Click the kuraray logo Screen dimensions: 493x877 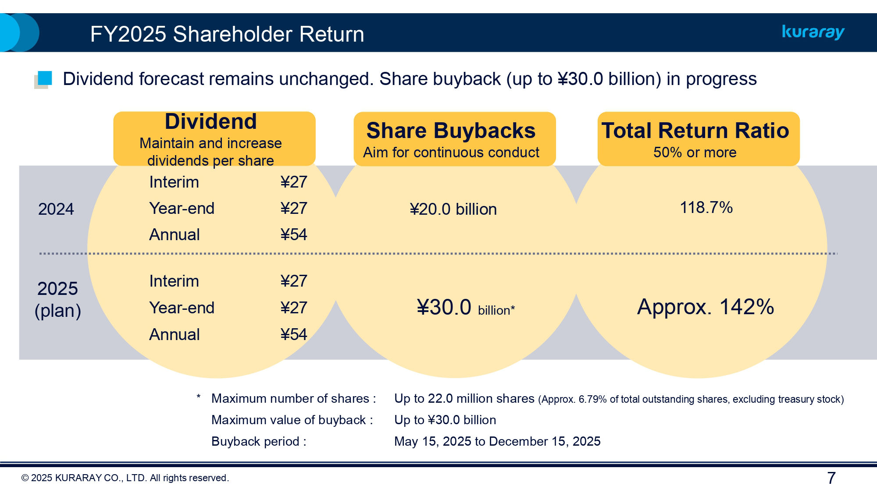tap(813, 32)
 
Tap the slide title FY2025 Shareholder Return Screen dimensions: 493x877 tap(227, 34)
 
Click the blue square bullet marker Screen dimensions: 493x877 tap(44, 78)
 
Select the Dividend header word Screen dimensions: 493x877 tap(210, 121)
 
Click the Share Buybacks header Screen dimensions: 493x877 tap(451, 131)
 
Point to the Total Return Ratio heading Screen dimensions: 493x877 tap(695, 131)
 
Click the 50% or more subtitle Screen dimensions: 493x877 tap(695, 153)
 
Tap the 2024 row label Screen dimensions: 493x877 tap(56, 209)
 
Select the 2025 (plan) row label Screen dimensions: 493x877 tap(57, 299)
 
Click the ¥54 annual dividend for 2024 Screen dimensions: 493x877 tap(293, 234)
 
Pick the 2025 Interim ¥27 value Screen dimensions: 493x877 tap(293, 281)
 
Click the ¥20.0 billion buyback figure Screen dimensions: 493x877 tap(453, 209)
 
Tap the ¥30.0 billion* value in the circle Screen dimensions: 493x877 tap(465, 307)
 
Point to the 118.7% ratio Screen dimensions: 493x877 tap(706, 207)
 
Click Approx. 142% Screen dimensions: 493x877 tap(705, 307)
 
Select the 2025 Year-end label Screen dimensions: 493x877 tap(182, 308)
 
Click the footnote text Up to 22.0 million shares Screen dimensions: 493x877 tap(464, 398)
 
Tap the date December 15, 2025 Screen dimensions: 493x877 tap(545, 441)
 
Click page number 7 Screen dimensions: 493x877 tap(831, 478)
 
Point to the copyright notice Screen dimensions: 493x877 tap(125, 478)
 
